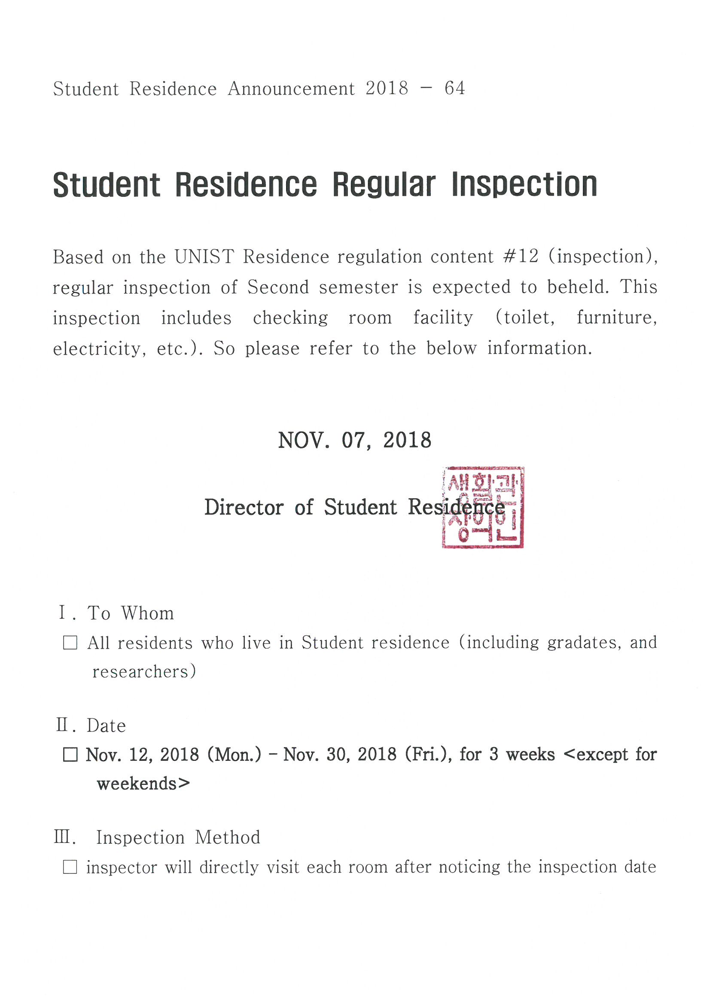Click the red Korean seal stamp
tap(482, 507)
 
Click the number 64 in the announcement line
tap(454, 89)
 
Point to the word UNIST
tap(204, 257)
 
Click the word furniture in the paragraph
tap(616, 317)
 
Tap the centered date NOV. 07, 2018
tap(354, 440)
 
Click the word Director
tap(244, 508)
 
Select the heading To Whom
tap(131, 613)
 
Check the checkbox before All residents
tap(70, 643)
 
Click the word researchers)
tap(144, 671)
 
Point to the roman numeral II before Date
tap(62, 725)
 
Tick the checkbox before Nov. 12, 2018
tap(70, 755)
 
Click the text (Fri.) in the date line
tap(428, 754)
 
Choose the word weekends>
tap(143, 784)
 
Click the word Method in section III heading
tap(227, 837)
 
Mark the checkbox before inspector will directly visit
tap(70, 867)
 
